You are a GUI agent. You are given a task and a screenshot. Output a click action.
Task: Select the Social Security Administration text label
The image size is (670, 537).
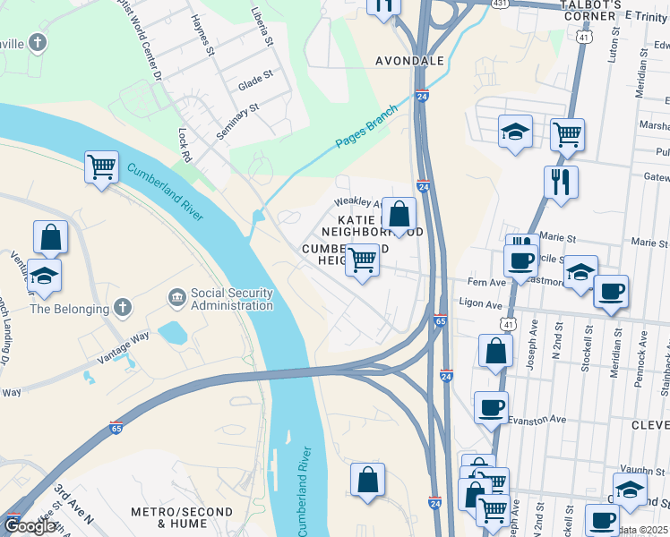click(x=231, y=300)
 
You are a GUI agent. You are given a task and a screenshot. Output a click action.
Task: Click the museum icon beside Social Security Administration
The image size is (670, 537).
click(x=176, y=295)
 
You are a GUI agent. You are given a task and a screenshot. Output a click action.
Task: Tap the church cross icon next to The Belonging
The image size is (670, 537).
click(x=123, y=308)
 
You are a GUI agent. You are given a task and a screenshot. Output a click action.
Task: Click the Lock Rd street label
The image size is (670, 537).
click(x=185, y=144)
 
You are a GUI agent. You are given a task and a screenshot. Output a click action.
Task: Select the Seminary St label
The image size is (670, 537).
click(x=237, y=120)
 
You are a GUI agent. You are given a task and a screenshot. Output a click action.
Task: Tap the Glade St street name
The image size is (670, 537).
click(x=254, y=82)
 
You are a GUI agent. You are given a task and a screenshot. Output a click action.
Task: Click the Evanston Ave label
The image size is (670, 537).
click(x=537, y=419)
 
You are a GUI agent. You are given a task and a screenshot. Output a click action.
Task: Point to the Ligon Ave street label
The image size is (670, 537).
click(x=481, y=305)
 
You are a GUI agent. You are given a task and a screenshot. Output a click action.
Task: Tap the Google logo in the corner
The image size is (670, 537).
click(x=30, y=526)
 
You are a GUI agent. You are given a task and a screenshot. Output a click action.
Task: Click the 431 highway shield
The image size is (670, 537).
click(x=499, y=4)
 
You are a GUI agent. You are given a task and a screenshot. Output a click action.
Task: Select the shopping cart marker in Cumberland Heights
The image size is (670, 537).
click(x=362, y=260)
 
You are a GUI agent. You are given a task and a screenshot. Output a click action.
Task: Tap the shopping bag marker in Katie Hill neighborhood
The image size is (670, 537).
click(x=399, y=214)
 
